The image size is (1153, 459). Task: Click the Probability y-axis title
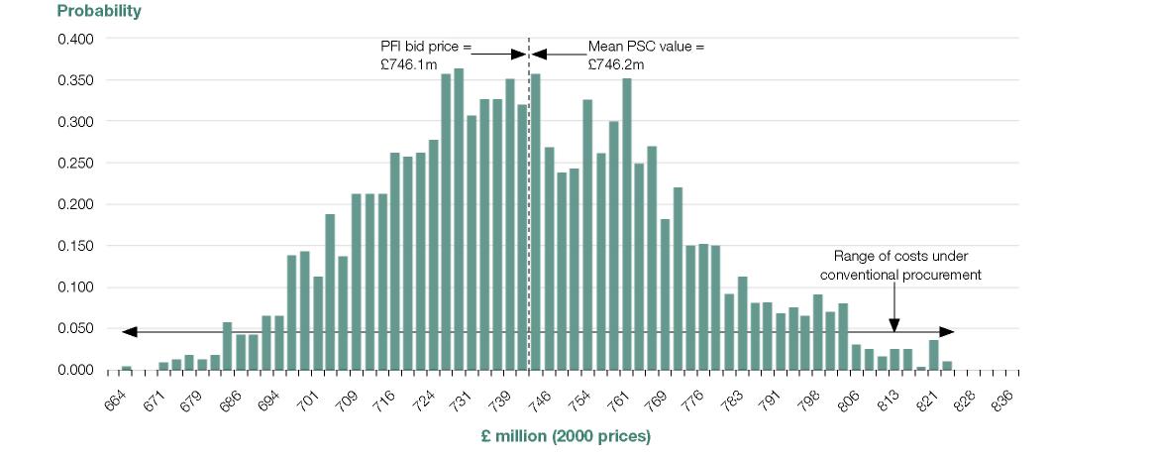point(99,12)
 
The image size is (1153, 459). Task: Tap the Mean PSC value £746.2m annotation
point(646,56)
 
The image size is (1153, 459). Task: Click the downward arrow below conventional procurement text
point(894,322)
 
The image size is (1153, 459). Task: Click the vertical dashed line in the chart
point(529,198)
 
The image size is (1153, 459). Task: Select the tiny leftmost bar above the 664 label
point(126,368)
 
